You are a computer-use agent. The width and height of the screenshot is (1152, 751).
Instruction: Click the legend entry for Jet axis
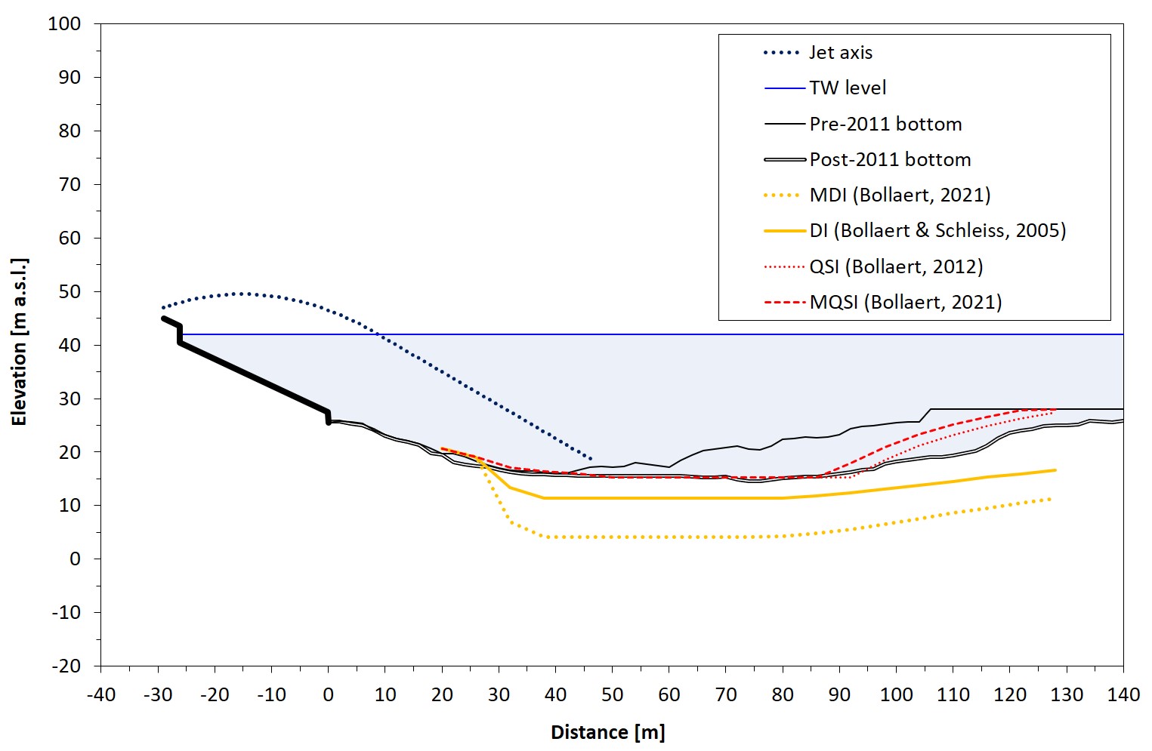click(x=841, y=53)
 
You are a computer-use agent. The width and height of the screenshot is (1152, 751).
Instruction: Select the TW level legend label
click(x=848, y=88)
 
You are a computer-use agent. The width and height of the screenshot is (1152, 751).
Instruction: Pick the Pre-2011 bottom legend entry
click(x=885, y=124)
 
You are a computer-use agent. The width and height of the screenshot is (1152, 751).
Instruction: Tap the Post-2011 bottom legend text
click(x=890, y=160)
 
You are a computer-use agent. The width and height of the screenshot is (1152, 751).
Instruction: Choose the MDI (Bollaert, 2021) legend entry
click(x=900, y=195)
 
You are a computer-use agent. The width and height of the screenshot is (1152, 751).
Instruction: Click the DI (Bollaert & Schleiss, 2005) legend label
click(x=937, y=231)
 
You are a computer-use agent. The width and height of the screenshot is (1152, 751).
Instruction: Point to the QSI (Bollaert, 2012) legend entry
click(x=896, y=266)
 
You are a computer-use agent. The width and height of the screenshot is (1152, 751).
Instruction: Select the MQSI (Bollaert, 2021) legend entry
click(x=906, y=303)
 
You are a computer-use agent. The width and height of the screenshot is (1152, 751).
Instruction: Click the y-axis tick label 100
click(x=64, y=24)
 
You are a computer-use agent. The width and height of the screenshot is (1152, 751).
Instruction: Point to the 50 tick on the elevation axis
click(x=69, y=292)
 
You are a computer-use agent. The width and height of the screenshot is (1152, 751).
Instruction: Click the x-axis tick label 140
click(x=1123, y=695)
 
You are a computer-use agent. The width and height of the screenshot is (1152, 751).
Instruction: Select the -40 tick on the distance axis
click(x=100, y=695)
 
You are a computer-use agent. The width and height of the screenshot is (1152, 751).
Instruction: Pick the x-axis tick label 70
click(x=726, y=695)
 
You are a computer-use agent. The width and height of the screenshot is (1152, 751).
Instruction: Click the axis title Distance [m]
click(x=607, y=732)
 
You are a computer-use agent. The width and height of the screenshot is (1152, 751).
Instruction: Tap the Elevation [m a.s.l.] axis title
click(x=20, y=342)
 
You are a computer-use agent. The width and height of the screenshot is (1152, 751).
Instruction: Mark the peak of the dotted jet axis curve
click(x=242, y=294)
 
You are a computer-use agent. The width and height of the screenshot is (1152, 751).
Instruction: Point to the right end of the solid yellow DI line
click(x=1055, y=470)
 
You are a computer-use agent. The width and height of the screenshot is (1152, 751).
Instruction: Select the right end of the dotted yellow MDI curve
click(x=1050, y=499)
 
